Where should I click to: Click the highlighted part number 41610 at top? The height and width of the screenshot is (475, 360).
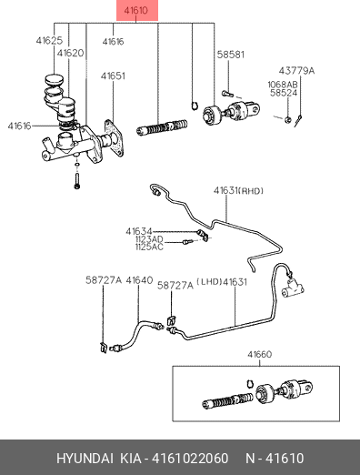pyautogui.click(x=136, y=10)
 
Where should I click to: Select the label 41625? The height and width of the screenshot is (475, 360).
pyautogui.click(x=49, y=40)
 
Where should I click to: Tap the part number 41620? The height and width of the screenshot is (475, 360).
pyautogui.click(x=70, y=53)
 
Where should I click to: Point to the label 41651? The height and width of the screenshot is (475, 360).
pyautogui.click(x=113, y=76)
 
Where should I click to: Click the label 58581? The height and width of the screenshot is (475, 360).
pyautogui.click(x=231, y=55)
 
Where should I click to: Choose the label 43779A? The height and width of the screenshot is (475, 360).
pyautogui.click(x=296, y=71)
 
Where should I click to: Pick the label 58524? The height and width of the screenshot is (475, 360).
pyautogui.click(x=284, y=93)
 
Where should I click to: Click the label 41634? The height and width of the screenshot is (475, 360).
pyautogui.click(x=139, y=232)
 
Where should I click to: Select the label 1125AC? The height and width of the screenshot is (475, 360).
pyautogui.click(x=149, y=247)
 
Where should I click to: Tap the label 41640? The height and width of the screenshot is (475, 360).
pyautogui.click(x=139, y=280)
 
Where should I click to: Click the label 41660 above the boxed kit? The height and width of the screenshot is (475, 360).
pyautogui.click(x=260, y=354)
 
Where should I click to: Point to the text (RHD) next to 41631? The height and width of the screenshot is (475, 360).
pyautogui.click(x=251, y=191)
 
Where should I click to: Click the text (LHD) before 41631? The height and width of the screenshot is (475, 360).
pyautogui.click(x=210, y=282)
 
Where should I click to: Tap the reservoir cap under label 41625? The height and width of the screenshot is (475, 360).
pyautogui.click(x=55, y=80)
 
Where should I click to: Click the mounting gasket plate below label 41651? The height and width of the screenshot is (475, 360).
pyautogui.click(x=114, y=138)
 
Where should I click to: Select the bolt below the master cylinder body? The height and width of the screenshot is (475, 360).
pyautogui.click(x=77, y=180)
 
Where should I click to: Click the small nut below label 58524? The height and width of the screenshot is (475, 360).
pyautogui.click(x=288, y=119)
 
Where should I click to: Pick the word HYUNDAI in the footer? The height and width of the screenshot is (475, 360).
pyautogui.click(x=85, y=458)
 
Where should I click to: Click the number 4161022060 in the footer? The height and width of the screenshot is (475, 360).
pyautogui.click(x=190, y=458)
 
